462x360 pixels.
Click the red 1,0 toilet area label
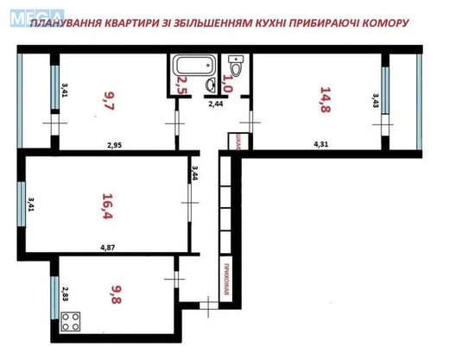pos(228,84)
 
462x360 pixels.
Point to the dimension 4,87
pos(108,249)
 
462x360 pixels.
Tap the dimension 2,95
pos(115,145)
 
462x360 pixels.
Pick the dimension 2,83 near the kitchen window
pos(65,295)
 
